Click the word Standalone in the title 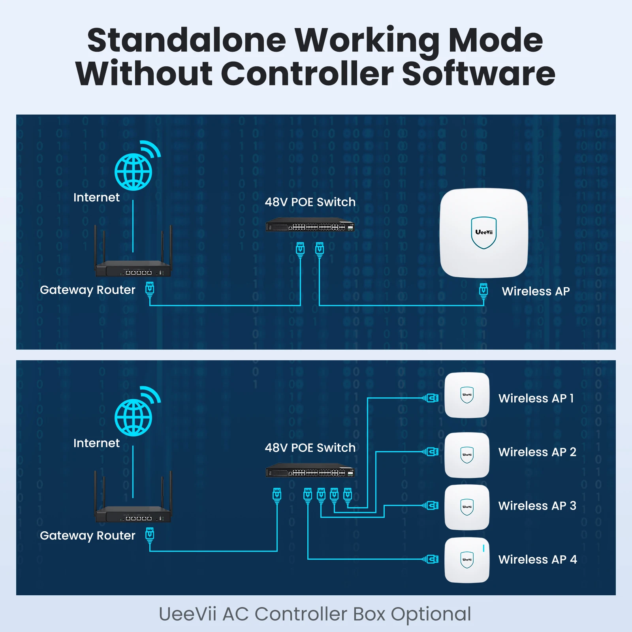[186, 40]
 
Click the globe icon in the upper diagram [134, 171]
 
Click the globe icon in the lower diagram [134, 417]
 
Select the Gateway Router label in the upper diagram [88, 290]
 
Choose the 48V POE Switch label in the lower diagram [310, 448]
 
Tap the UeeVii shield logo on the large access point [484, 233]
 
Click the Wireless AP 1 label [536, 398]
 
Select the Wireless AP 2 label [537, 452]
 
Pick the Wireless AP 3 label [537, 506]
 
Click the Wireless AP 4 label [538, 559]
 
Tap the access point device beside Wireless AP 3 [467, 507]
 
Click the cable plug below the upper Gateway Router [150, 290]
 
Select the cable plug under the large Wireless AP [483, 290]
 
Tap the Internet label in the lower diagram [96, 443]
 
